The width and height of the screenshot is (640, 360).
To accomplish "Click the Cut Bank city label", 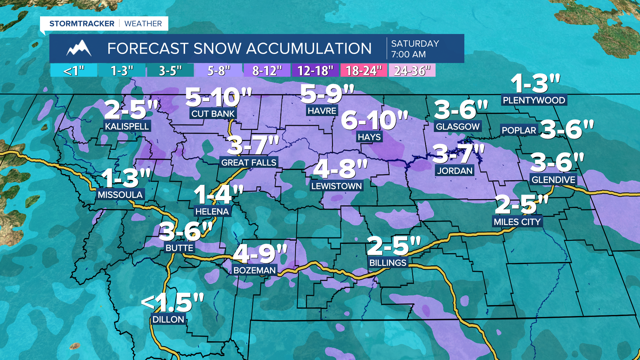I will [213, 114].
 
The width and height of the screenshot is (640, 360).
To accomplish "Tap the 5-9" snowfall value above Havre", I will [327, 94].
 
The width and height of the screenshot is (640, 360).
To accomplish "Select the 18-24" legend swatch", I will [363, 71].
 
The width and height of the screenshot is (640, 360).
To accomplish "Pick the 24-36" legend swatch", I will [412, 71].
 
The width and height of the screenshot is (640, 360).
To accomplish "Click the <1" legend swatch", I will [74, 71].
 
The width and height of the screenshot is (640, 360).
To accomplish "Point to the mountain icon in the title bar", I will [79, 49].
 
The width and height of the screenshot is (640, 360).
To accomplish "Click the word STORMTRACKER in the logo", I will [82, 24].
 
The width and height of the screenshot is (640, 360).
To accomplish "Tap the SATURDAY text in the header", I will [415, 44].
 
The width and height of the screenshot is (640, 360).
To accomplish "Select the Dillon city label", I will [168, 319].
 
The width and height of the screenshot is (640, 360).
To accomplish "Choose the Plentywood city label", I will [534, 100].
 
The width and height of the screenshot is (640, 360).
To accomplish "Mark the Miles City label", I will [517, 222].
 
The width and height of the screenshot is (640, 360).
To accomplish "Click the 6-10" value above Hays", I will [374, 121].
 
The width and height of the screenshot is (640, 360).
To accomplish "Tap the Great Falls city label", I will [249, 163].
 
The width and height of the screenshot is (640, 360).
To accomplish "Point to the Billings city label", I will [388, 263].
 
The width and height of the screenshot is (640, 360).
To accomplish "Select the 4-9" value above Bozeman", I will [260, 254].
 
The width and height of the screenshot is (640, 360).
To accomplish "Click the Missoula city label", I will [120, 195].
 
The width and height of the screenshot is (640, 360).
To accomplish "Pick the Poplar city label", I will [519, 130].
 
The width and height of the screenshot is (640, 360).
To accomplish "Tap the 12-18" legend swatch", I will [315, 71].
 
